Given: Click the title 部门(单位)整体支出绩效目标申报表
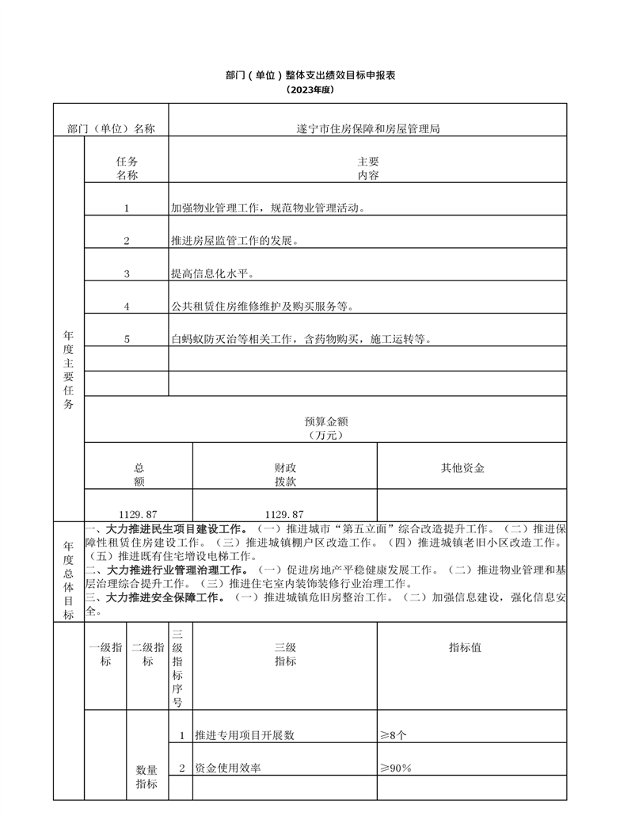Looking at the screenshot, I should coord(310,75).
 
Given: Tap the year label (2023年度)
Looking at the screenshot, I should coord(310,90).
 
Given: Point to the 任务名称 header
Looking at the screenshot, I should coord(127,168).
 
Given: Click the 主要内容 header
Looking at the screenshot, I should coord(367,168).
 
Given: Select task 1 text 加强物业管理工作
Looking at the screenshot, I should coord(268,208).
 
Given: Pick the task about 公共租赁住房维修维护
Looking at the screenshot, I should coord(262,307).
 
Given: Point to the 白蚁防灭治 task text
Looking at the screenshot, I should coord(301,340).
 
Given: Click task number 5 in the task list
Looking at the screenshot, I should coord(127,340).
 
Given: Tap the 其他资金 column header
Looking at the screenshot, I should coord(463,468).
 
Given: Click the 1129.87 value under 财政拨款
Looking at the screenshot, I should coord(284,514).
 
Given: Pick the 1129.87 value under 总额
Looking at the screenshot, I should coord(139,514).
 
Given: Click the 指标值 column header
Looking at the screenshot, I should coord(465,647).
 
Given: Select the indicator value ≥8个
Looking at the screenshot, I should coord(394,735).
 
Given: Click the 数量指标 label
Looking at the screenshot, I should coord(146,776).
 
